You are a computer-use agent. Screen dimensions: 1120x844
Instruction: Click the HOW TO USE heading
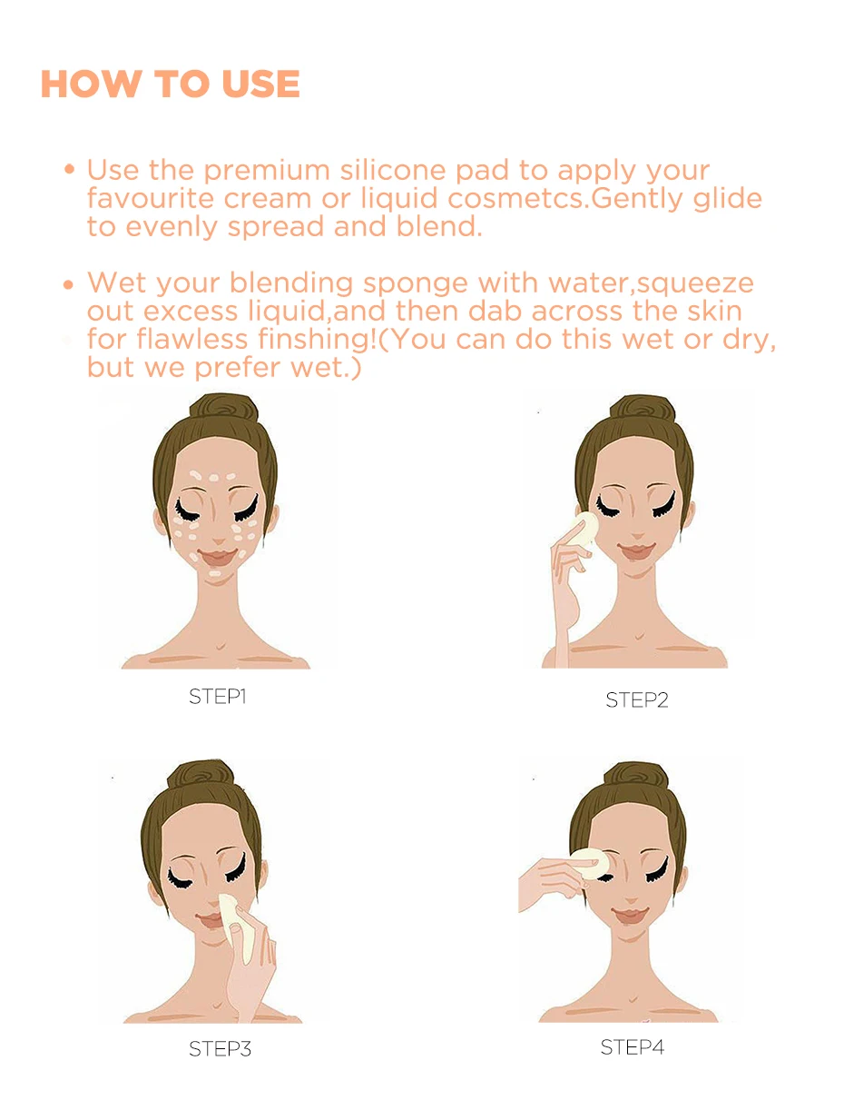click(x=170, y=84)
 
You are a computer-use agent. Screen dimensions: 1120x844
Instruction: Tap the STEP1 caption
click(x=218, y=697)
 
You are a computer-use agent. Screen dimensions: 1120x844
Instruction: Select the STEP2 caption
click(x=636, y=699)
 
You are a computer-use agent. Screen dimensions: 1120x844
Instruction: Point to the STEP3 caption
click(x=220, y=1048)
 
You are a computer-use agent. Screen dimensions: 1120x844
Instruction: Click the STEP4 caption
click(x=632, y=1046)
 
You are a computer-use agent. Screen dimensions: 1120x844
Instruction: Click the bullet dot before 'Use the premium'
click(x=69, y=170)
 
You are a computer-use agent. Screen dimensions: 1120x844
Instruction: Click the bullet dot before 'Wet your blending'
click(x=69, y=283)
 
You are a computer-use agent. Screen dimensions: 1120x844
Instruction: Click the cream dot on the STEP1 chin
click(x=214, y=574)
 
